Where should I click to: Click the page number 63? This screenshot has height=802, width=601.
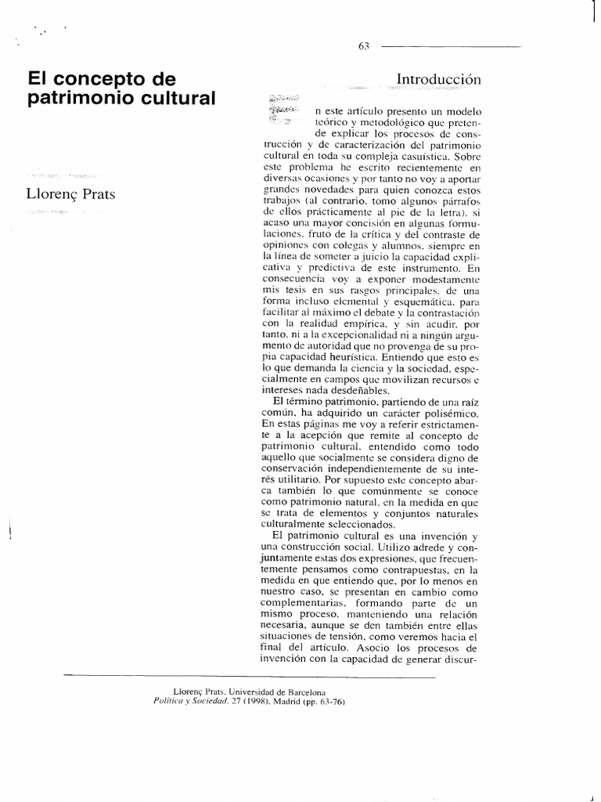point(363,46)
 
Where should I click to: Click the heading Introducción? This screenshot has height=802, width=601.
point(438,79)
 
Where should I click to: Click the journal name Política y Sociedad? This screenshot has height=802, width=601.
point(193,702)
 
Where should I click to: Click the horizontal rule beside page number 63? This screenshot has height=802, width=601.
point(450,46)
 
